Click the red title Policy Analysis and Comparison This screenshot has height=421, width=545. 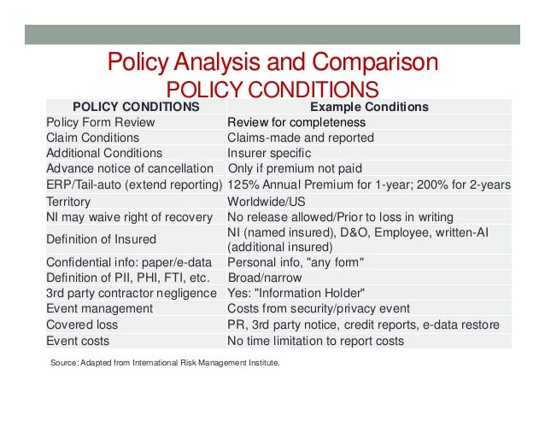(x=272, y=63)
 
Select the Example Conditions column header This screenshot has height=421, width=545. (x=368, y=107)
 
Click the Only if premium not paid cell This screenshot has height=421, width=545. (x=292, y=168)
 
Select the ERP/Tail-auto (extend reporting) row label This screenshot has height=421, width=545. (x=133, y=184)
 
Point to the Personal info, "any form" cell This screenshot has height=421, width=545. (x=296, y=261)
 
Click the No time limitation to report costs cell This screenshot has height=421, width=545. (x=326, y=340)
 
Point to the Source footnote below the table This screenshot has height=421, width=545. (x=166, y=363)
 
